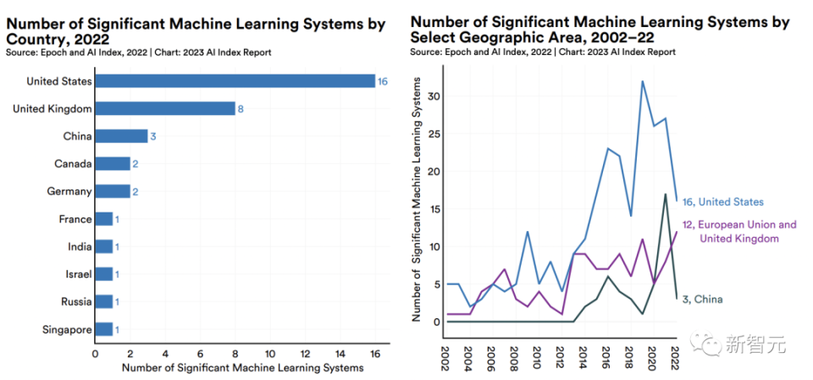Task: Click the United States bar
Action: [235, 81]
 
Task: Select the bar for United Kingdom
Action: [165, 108]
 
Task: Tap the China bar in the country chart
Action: [121, 136]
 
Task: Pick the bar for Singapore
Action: [103, 328]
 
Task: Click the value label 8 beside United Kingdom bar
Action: [241, 108]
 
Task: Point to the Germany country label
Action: [69, 191]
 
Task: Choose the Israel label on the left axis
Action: [76, 274]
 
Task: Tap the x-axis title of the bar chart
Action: [242, 368]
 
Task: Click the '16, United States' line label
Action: [722, 201]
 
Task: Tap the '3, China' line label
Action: [702, 299]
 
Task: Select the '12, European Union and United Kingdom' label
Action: [739, 231]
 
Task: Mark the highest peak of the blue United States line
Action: [642, 81]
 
